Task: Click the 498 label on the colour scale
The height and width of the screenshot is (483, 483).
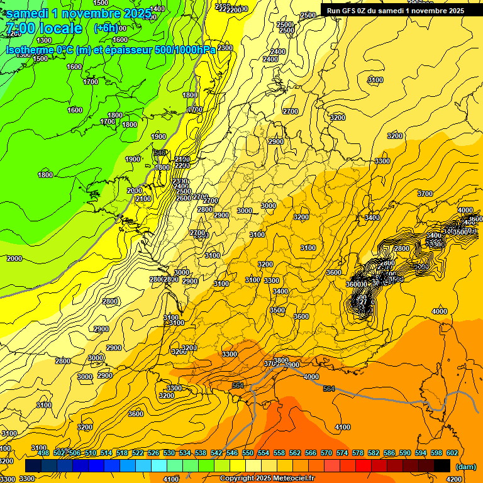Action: pyautogui.click(x=43, y=453)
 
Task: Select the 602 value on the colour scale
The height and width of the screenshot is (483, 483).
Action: pyautogui.click(x=452, y=453)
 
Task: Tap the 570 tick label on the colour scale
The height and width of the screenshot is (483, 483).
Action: pyautogui.click(x=326, y=453)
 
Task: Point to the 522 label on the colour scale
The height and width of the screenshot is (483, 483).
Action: pyautogui.click(x=138, y=453)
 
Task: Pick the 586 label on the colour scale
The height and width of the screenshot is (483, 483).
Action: pyautogui.click(x=389, y=453)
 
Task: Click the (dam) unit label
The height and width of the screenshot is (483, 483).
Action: pyautogui.click(x=466, y=467)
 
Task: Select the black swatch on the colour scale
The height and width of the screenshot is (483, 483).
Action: pyautogui.click(x=442, y=465)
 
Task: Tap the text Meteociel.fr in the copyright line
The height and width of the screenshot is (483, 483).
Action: pyautogui.click(x=289, y=479)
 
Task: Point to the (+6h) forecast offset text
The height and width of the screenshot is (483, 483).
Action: pyautogui.click(x=106, y=28)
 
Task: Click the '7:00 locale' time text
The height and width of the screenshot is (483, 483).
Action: pyautogui.click(x=44, y=28)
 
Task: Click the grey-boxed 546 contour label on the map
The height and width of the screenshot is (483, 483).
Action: pyautogui.click(x=160, y=153)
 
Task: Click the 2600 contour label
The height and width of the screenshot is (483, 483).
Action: pyautogui.click(x=184, y=198)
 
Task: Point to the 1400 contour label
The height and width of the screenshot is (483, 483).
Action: pyautogui.click(x=158, y=9)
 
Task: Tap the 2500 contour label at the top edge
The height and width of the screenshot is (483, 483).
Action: pyautogui.click(x=308, y=15)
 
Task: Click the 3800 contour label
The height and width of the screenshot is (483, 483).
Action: pyautogui.click(x=281, y=360)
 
